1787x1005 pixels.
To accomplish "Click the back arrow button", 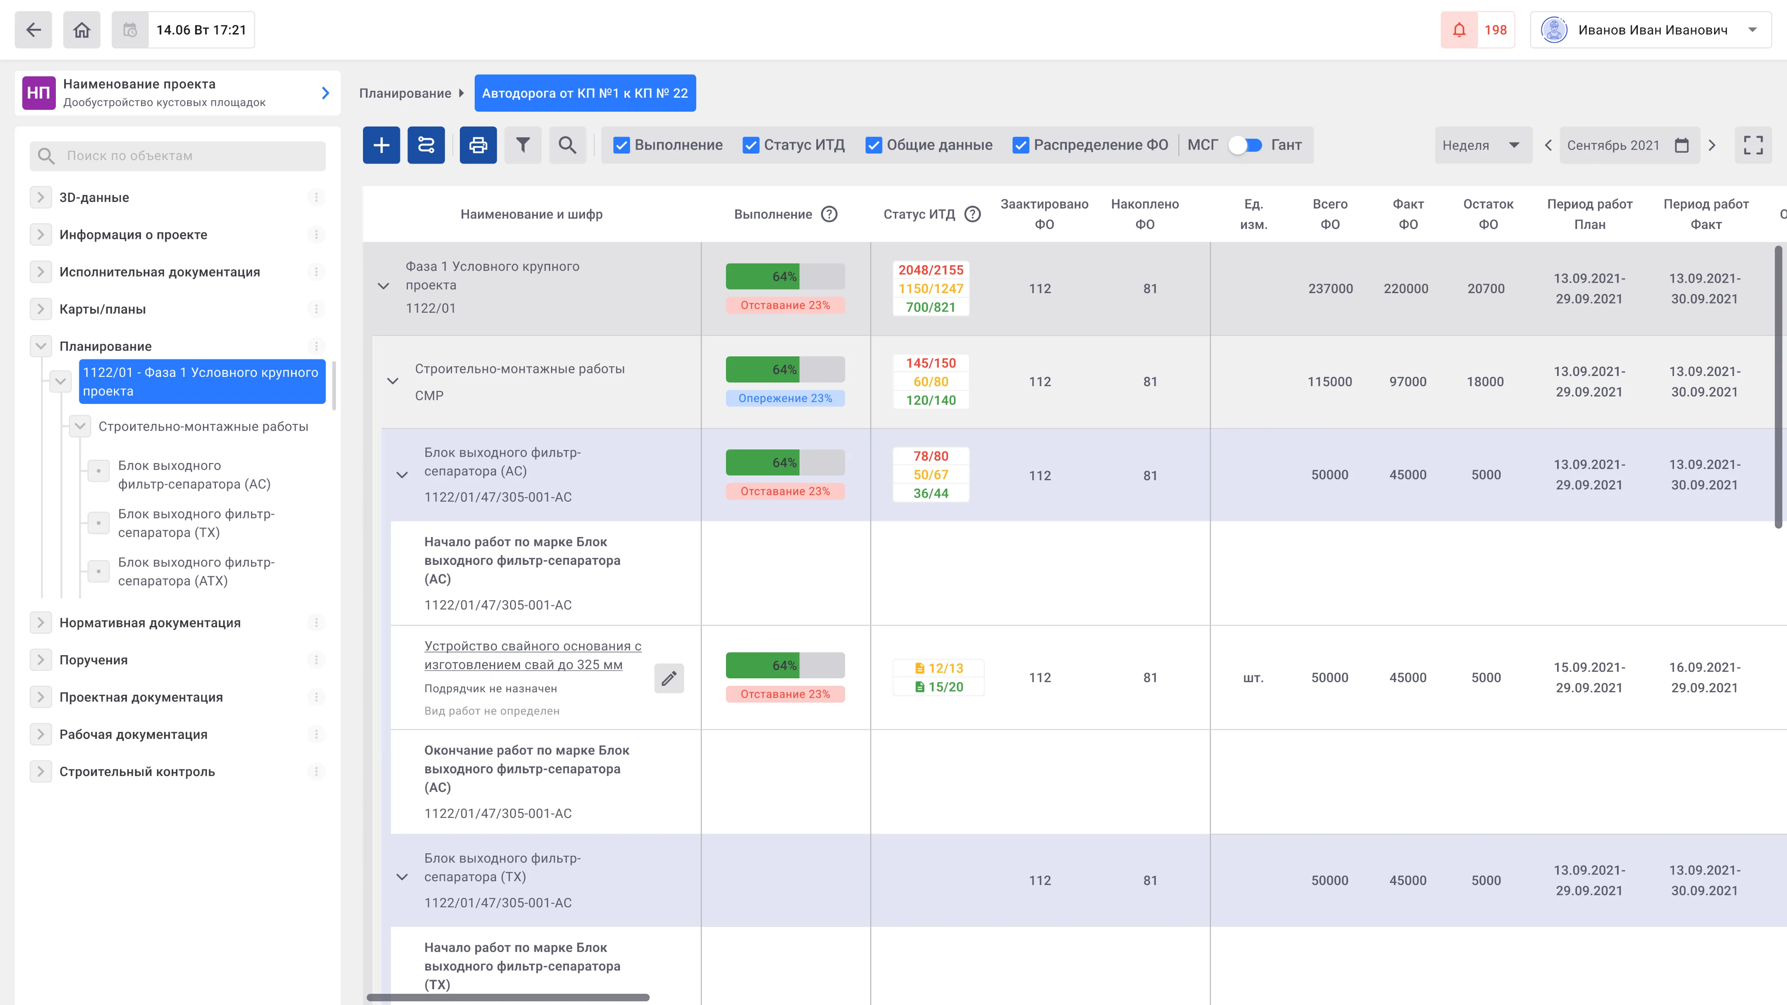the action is point(33,30).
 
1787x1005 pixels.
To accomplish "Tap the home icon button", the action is point(82,30).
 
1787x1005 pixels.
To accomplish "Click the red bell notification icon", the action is point(1459,30).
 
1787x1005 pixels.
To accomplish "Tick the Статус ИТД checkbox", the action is point(750,145).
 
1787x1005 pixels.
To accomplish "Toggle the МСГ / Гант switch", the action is point(1245,145).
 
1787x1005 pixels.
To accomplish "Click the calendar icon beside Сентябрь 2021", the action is point(1681,145).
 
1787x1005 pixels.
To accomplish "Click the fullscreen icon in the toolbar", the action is point(1753,145).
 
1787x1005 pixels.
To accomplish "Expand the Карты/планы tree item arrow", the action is point(41,309).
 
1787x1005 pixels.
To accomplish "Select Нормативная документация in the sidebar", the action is point(150,623).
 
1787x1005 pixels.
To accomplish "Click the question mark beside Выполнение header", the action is point(829,214).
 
